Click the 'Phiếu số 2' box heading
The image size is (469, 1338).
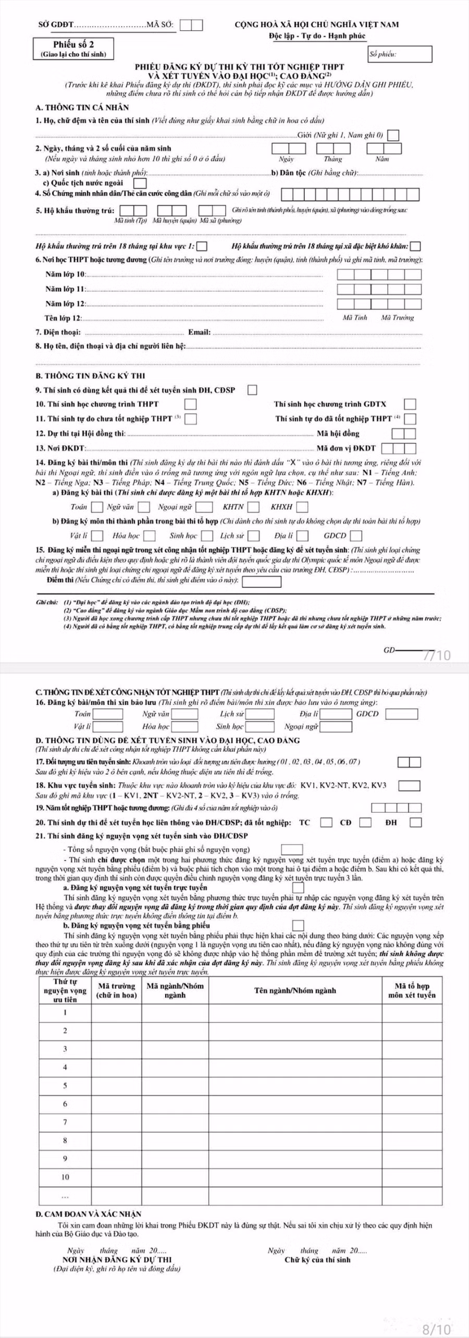coord(73,45)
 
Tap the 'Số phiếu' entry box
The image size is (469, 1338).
coord(400,54)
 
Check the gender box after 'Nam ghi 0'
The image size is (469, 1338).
coord(394,135)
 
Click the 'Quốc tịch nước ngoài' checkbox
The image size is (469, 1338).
coord(139,183)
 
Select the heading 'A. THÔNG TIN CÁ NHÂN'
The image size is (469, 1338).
coord(82,107)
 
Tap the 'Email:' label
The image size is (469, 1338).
coord(199,332)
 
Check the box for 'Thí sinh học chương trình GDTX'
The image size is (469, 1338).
coord(410,404)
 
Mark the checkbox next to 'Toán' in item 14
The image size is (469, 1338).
coord(97,506)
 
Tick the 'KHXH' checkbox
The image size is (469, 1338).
coord(302,506)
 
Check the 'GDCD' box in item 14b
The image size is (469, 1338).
coord(356,535)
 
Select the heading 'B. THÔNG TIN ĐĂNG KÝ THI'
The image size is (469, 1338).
coord(90,376)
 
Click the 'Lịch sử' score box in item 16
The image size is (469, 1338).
coord(260,714)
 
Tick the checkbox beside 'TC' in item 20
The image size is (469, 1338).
coord(326,823)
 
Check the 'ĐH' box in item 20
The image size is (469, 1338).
coord(415,823)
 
